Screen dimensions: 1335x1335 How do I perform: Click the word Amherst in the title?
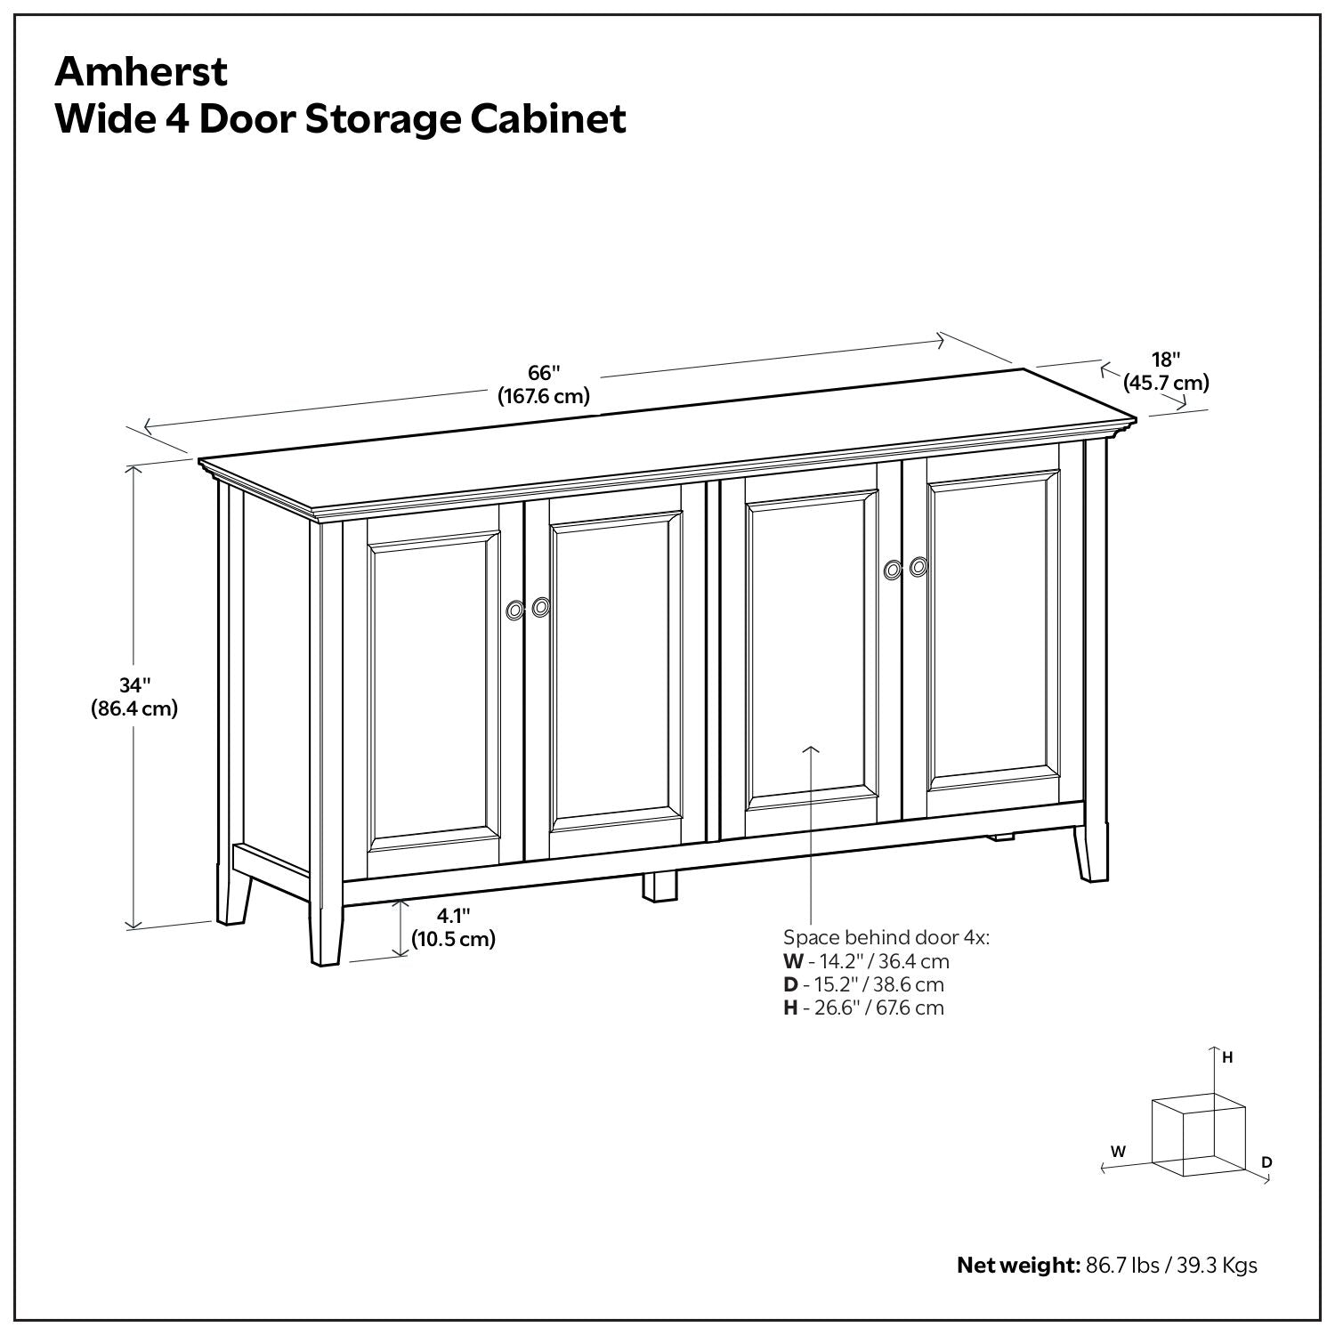142,72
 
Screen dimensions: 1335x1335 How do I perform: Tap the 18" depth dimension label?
1165,360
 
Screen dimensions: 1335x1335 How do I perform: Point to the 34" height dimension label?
133,685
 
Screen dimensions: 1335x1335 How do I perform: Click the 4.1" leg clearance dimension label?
452,915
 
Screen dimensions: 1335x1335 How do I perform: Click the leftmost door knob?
514,610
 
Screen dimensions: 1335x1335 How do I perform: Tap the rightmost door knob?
918,566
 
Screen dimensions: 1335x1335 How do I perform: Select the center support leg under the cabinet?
659,886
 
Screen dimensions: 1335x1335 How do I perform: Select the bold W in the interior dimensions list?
792,961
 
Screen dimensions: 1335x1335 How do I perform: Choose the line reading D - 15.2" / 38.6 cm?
863,984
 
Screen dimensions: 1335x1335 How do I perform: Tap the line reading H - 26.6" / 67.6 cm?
863,1007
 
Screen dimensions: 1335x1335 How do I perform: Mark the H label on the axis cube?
1227,1057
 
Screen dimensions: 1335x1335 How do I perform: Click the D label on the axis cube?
1266,1161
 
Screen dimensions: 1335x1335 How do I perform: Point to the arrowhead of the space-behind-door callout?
810,749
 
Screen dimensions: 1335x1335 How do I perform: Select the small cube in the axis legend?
1198,1137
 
